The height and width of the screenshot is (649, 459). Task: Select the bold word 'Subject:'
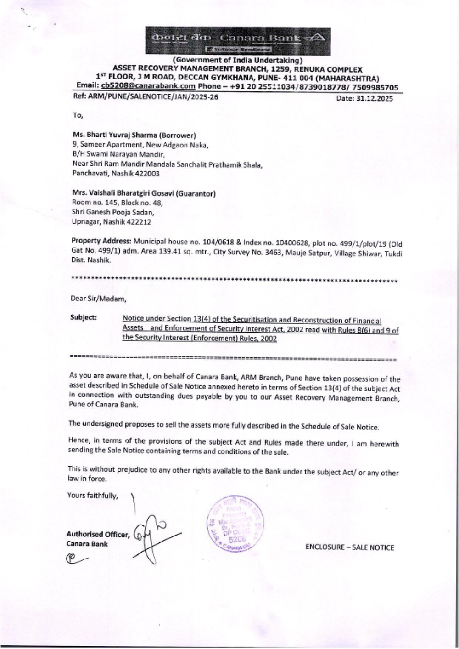pos(84,317)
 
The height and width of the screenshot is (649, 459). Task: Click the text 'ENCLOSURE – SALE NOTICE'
pos(349,547)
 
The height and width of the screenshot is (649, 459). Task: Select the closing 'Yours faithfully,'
pos(93,495)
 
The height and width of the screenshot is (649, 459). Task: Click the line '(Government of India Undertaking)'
pos(237,60)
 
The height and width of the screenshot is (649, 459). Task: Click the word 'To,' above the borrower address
pos(78,115)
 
